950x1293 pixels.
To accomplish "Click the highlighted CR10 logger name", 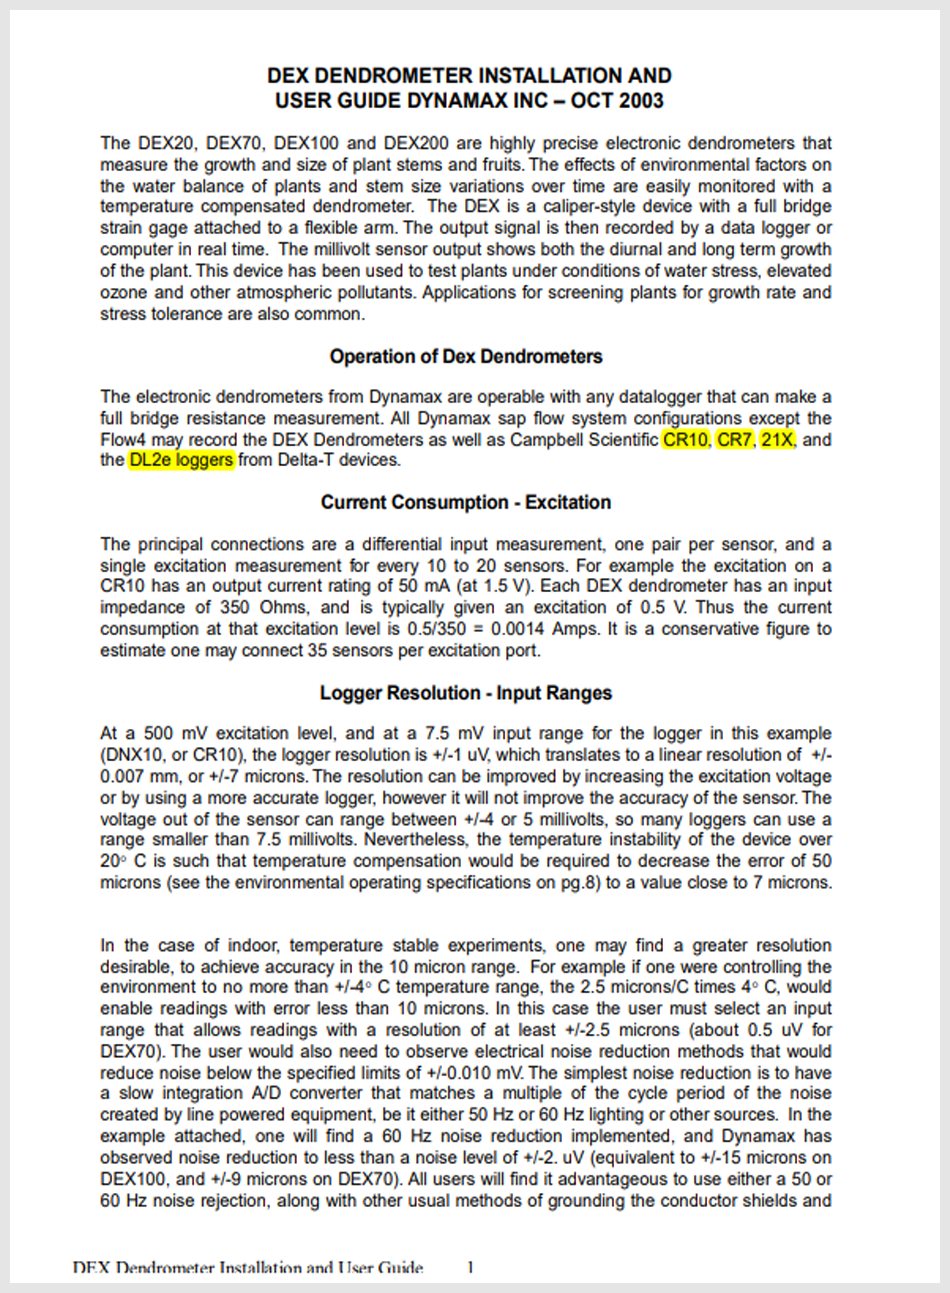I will pyautogui.click(x=685, y=440).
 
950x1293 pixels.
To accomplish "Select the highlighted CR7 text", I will pyautogui.click(x=734, y=440).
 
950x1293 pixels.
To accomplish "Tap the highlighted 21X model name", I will pyautogui.click(x=776, y=440).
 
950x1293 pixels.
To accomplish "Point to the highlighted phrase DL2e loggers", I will pyautogui.click(x=181, y=460).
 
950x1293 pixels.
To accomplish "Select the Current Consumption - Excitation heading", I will pyautogui.click(x=466, y=503).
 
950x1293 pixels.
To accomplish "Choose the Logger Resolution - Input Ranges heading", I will pyautogui.click(x=466, y=693).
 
